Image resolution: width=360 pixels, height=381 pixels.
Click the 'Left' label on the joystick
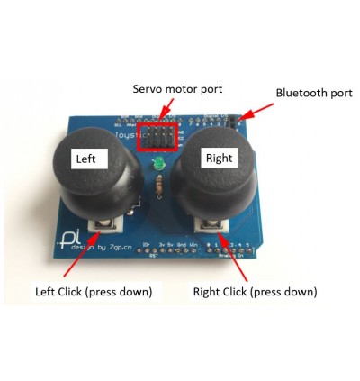coord(90,159)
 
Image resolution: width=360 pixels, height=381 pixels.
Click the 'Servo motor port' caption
coord(177,89)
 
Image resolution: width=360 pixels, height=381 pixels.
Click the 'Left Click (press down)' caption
coord(94,292)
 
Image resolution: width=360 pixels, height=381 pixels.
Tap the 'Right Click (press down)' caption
coord(255,292)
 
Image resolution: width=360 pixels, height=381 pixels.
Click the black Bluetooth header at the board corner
coord(238,122)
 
